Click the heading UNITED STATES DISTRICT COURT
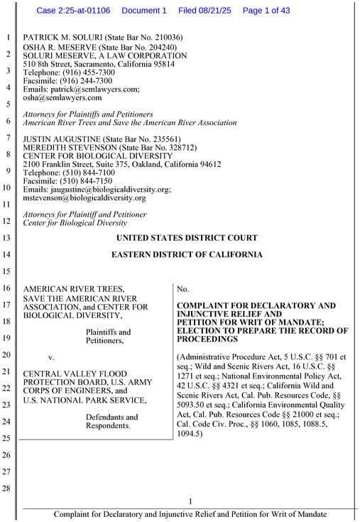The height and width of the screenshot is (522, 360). [x=186, y=238]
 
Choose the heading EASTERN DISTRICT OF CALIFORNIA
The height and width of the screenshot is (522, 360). [x=186, y=254]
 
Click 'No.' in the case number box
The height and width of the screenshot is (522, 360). [x=182, y=289]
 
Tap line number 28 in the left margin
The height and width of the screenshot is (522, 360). [x=7, y=489]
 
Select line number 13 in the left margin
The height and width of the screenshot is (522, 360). [x=7, y=238]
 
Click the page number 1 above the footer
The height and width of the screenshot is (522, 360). [x=190, y=502]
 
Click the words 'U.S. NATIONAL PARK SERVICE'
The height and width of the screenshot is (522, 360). [x=84, y=400]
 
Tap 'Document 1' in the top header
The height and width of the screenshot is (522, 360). [x=144, y=11]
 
